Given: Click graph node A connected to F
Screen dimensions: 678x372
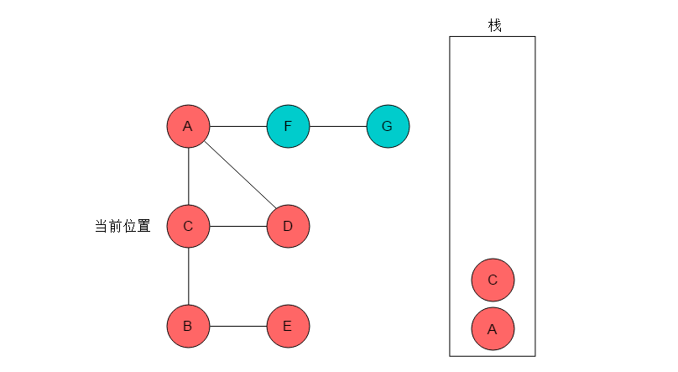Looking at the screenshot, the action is coord(188,126).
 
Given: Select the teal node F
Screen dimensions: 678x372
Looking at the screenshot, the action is coord(288,126).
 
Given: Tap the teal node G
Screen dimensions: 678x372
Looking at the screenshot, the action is coord(388,126).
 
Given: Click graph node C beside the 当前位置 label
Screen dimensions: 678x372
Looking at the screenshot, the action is coord(188,226).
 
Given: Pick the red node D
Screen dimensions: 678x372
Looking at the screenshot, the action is coord(288,226).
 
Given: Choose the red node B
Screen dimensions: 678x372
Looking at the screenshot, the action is coord(188,326).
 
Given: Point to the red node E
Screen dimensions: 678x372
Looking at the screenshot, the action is coord(288,326).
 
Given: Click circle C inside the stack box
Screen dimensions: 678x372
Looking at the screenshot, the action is coord(493,280).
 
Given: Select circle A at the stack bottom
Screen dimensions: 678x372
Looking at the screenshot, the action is coord(493,328).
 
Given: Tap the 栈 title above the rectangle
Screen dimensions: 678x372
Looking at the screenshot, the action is coord(495,25).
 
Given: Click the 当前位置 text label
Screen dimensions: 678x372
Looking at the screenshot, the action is coord(123,226).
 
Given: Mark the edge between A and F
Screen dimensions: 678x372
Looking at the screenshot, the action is coord(238,126).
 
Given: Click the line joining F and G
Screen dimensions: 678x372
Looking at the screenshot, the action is coord(338,126).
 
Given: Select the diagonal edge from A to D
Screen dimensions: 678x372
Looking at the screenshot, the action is coord(240,175).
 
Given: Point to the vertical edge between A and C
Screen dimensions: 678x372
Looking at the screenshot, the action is coord(189,176).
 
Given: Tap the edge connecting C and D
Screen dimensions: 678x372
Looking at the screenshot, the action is coord(238,226).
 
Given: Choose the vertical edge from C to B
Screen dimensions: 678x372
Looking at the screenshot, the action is coord(189,276).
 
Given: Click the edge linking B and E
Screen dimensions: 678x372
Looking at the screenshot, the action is coord(238,326).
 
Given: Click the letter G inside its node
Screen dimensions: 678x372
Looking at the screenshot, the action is coord(387,126).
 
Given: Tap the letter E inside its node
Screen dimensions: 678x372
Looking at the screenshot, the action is coord(287,326).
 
